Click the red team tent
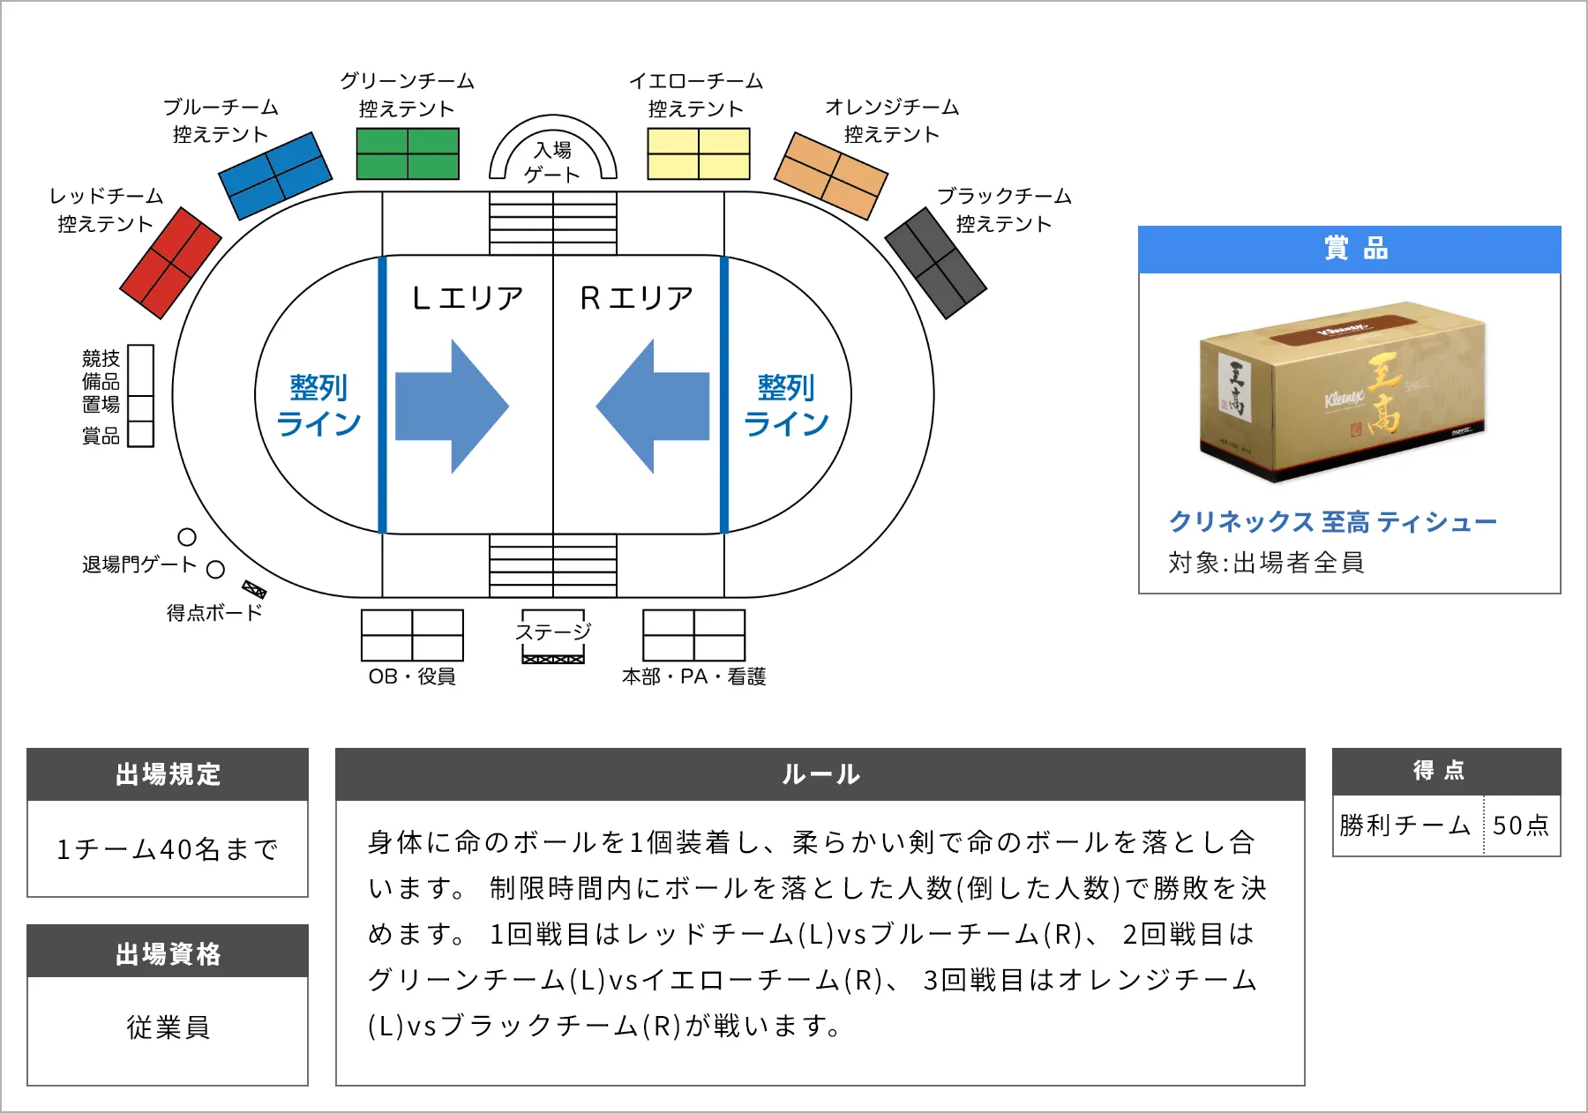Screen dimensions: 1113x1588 coord(170,263)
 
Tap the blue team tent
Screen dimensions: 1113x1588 coord(274,176)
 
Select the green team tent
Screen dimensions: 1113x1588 coord(408,154)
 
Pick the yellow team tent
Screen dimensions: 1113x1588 coord(699,154)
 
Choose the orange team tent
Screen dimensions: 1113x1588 coord(830,176)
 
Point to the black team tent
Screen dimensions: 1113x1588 coord(935,263)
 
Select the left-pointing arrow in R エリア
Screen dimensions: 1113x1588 coord(654,407)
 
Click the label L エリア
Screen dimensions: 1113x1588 coord(468,298)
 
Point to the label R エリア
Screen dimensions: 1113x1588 coord(637,298)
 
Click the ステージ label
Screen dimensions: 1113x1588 coord(553,631)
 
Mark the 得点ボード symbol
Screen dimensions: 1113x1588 coord(254,589)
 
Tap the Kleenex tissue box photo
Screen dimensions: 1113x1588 coord(1343,392)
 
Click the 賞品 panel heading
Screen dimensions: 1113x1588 coord(1349,250)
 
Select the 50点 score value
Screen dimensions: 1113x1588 coord(1521,825)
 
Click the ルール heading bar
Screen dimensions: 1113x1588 coord(820,774)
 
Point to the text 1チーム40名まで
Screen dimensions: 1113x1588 coord(168,849)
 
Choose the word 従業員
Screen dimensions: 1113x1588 coord(168,1027)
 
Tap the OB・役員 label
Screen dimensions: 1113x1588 coord(412,676)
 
